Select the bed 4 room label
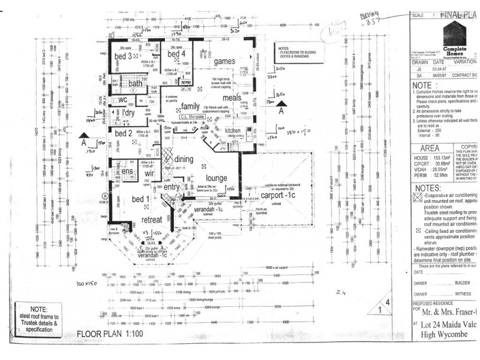pyautogui.click(x=176, y=55)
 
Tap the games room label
pyautogui.click(x=225, y=61)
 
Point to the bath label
pyautogui.click(x=135, y=83)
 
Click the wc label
pyautogui.click(x=122, y=99)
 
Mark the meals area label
pyautogui.click(x=232, y=98)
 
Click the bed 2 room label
pyautogui.click(x=123, y=132)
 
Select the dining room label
pyautogui.click(x=184, y=159)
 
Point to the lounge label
pyautogui.click(x=216, y=178)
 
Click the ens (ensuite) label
pyautogui.click(x=127, y=172)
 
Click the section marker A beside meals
pyautogui.click(x=280, y=110)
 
